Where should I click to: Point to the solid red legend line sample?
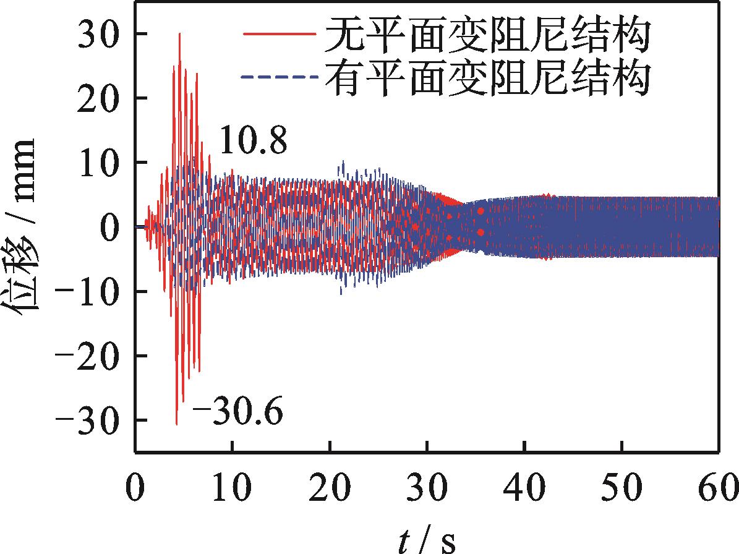[281, 35]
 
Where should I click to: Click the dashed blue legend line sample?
[281, 77]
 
